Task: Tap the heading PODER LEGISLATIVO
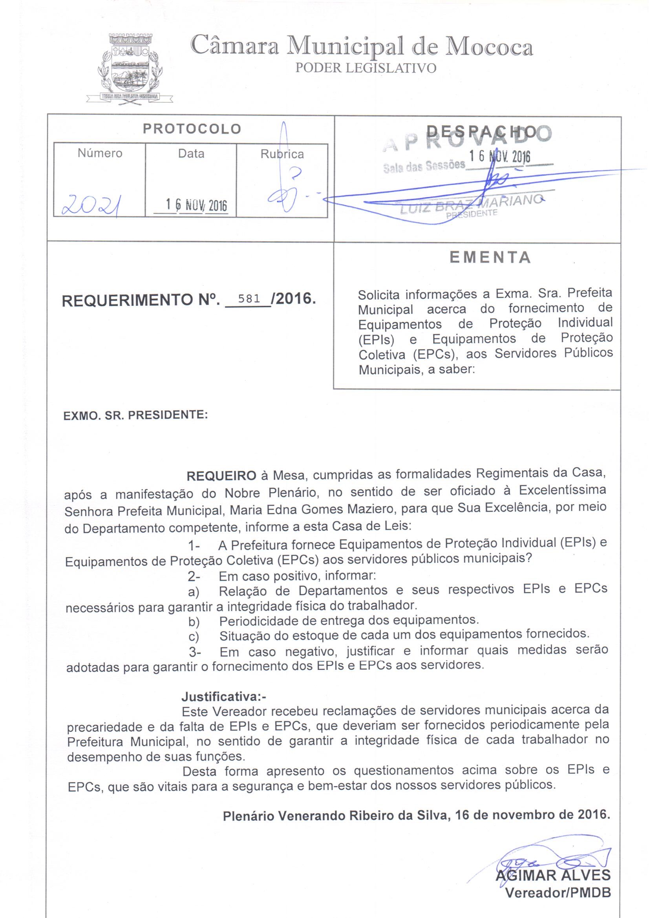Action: pyautogui.click(x=366, y=68)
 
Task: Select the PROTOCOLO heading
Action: pyautogui.click(x=192, y=129)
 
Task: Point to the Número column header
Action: pyautogui.click(x=100, y=153)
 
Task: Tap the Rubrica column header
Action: pyautogui.click(x=282, y=154)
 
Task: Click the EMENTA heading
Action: pyautogui.click(x=490, y=258)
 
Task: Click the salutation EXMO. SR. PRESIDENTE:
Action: pyautogui.click(x=135, y=415)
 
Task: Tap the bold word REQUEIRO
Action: pyautogui.click(x=221, y=476)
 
